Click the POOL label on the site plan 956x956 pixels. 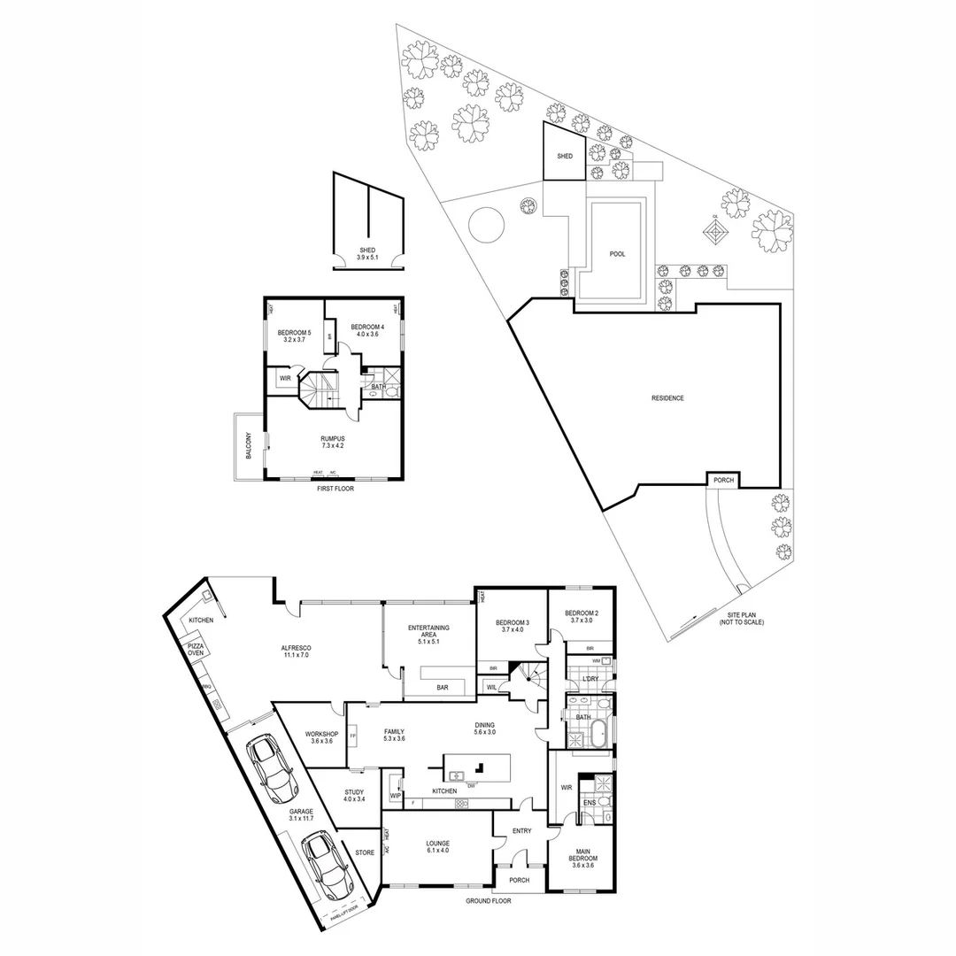coord(617,254)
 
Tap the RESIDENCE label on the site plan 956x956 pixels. coord(667,398)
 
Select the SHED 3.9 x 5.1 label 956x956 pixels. coord(367,253)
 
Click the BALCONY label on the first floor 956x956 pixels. coord(249,445)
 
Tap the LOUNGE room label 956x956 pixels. coord(437,847)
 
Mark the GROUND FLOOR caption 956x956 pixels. coord(489,901)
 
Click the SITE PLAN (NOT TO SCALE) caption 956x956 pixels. coord(741,618)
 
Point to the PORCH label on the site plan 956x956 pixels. coord(722,480)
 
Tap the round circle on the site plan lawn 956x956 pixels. coord(485,224)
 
